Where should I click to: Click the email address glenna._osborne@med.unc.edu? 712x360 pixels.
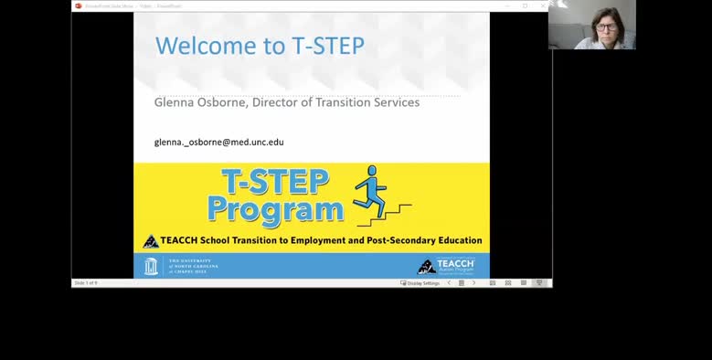tap(219, 143)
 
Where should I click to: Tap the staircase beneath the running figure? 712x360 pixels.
tap(384, 216)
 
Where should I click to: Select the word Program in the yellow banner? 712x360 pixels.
tap(275, 210)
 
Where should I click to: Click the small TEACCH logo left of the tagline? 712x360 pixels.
tap(151, 241)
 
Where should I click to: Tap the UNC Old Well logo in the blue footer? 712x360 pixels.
tap(152, 266)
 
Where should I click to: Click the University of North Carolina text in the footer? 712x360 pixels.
tap(193, 266)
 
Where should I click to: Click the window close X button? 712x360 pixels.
tap(543, 5)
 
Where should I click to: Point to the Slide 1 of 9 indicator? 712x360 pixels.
tap(86, 283)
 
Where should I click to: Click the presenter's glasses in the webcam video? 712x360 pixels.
tap(604, 27)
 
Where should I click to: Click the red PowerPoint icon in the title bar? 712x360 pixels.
tap(79, 5)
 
